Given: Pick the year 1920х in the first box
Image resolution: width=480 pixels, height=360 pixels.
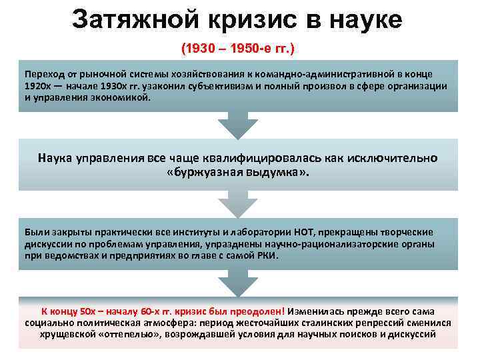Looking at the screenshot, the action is click(x=39, y=85).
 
